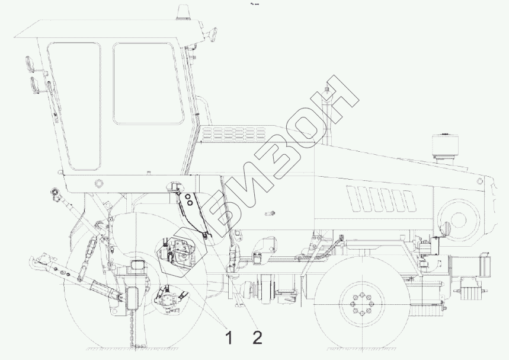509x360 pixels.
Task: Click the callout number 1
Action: (229, 337)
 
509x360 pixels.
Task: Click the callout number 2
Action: (257, 337)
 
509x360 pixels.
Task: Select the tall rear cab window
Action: (74, 106)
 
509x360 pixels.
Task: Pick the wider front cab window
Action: (149, 83)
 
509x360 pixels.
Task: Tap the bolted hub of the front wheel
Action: (361, 304)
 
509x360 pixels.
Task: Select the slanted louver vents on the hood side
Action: (381, 199)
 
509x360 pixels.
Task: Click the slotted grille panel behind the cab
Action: (233, 133)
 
